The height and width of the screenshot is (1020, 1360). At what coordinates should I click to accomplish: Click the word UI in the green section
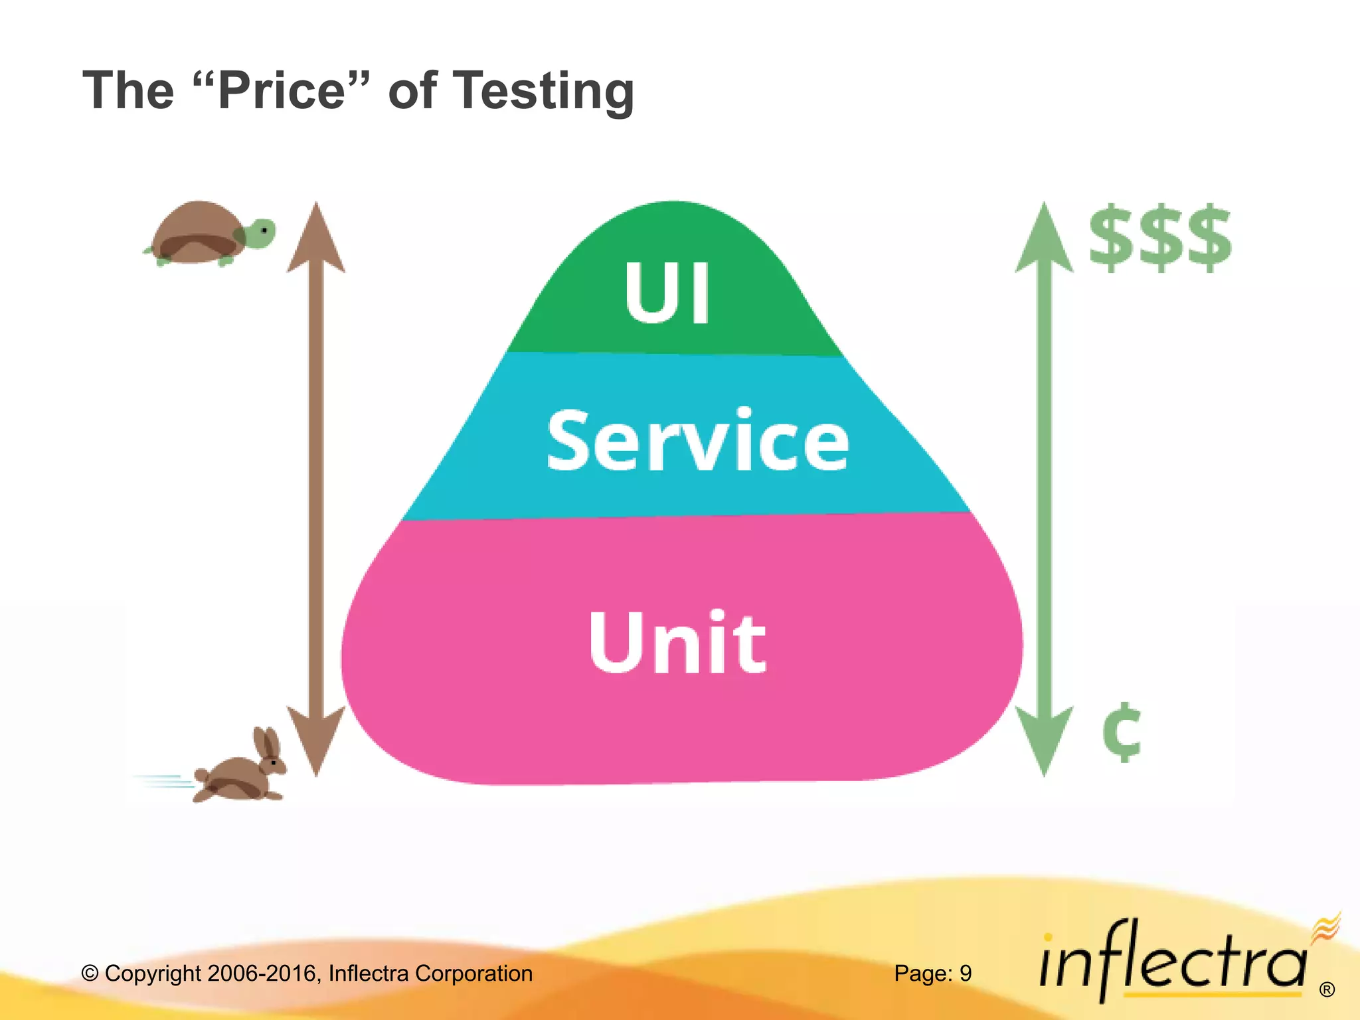(x=667, y=292)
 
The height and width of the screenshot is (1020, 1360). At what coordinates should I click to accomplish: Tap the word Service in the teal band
(x=697, y=441)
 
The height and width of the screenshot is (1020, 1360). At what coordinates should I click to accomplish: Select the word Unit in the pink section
(x=677, y=642)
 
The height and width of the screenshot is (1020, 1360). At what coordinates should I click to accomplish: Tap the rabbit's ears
(x=268, y=744)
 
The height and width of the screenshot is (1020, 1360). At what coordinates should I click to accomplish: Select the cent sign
(x=1122, y=732)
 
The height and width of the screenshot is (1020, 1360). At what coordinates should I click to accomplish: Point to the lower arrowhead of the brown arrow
(x=316, y=740)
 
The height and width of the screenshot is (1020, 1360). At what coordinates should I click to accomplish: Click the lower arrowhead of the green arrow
(x=1044, y=740)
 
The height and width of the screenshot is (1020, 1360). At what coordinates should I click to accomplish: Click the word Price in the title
(x=282, y=91)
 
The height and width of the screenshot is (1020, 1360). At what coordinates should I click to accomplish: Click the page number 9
(x=966, y=974)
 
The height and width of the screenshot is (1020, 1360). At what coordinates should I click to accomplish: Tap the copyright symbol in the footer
(x=90, y=974)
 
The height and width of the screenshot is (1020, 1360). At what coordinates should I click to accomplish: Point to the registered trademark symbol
(x=1327, y=990)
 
